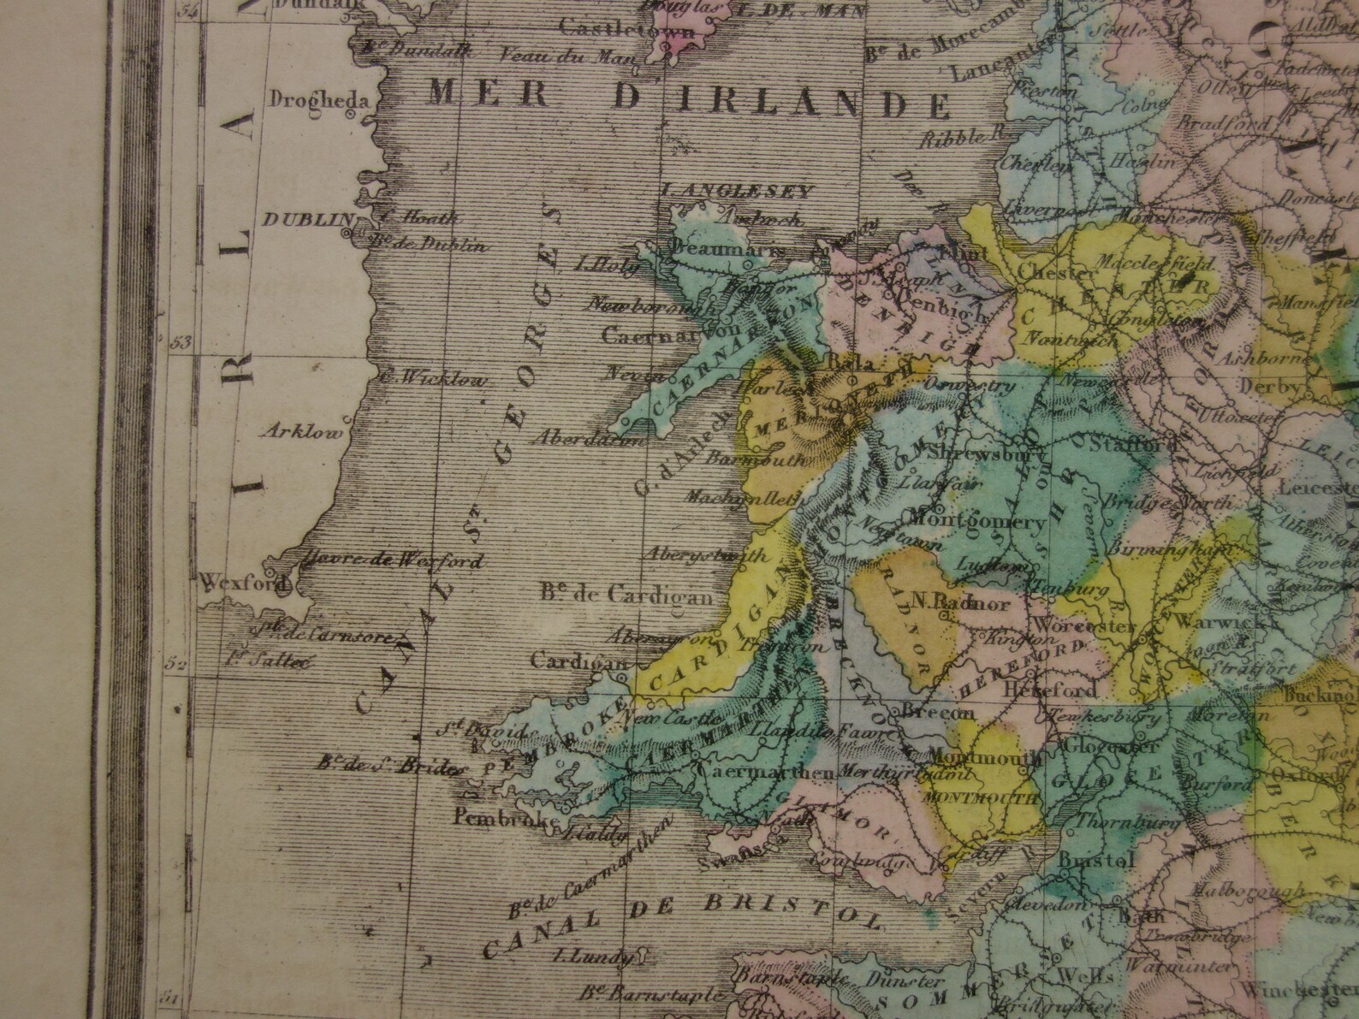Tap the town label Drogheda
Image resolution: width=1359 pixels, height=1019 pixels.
point(318,99)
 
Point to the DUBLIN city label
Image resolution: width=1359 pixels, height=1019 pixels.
point(302,221)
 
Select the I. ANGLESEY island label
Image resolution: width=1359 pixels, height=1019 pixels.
point(737,192)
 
